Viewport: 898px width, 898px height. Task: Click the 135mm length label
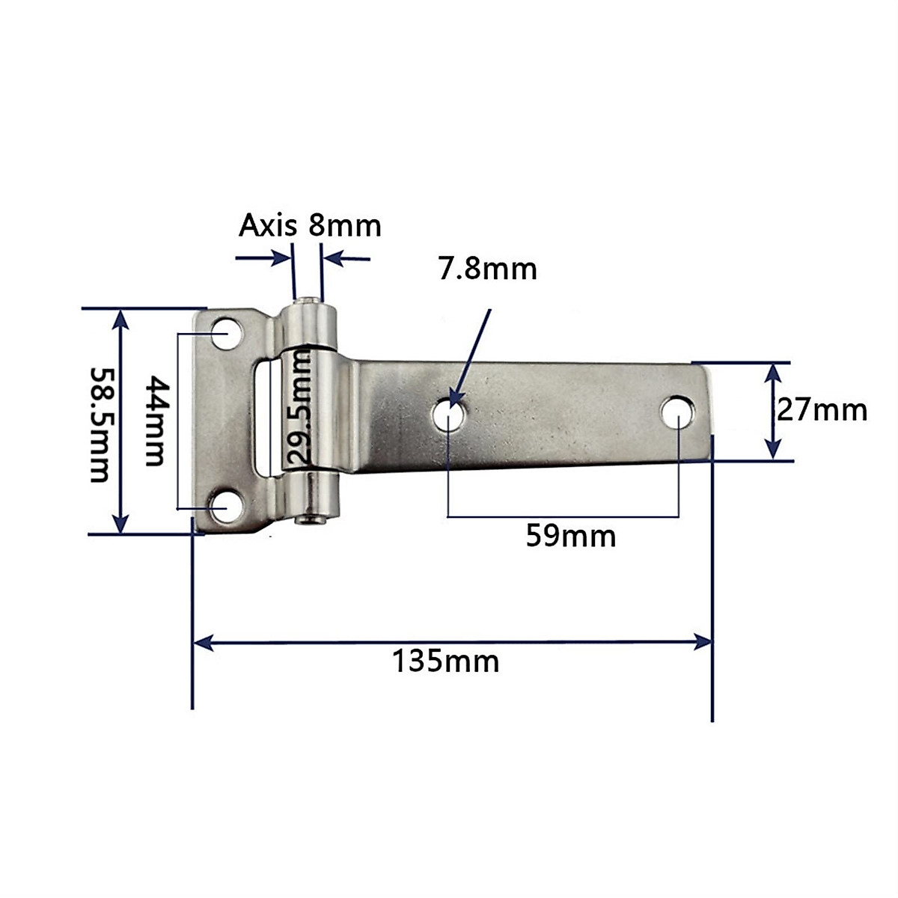tap(446, 662)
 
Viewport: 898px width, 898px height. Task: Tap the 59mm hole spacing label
tap(570, 536)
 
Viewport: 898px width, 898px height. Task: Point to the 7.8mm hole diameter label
tap(487, 269)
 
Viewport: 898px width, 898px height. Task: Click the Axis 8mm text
tap(310, 224)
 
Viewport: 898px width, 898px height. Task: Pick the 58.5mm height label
tap(100, 424)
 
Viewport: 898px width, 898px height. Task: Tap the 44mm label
tap(154, 421)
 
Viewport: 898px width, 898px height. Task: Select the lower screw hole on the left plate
tap(223, 507)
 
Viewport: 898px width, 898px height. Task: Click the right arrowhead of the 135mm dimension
tap(703, 641)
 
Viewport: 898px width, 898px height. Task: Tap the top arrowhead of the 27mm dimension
tap(773, 372)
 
